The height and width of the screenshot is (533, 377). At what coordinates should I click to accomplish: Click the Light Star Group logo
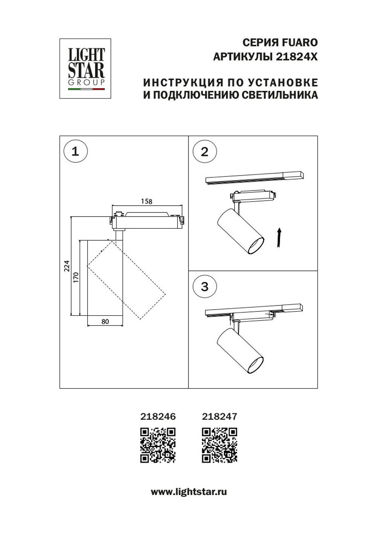85,69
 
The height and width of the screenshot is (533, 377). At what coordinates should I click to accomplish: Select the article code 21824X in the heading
297,57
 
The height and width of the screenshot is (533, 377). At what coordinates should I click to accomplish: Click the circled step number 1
75,151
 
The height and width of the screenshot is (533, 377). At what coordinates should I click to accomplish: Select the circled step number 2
204,151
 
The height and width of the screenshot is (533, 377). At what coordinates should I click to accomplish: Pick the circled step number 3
204,287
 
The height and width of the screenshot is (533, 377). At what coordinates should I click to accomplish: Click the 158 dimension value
146,202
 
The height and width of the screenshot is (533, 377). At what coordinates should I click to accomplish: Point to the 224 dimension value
67,266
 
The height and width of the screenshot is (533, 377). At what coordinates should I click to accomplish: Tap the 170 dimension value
76,277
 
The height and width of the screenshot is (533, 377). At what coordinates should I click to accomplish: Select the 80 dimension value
105,322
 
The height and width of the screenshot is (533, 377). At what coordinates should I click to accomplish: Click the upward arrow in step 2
279,237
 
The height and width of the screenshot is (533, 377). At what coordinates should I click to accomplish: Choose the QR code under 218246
158,445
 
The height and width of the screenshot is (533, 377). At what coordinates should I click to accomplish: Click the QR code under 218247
219,445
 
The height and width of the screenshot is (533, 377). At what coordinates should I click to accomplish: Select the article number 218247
219,416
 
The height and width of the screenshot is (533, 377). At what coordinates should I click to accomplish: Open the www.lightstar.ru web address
188,492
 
